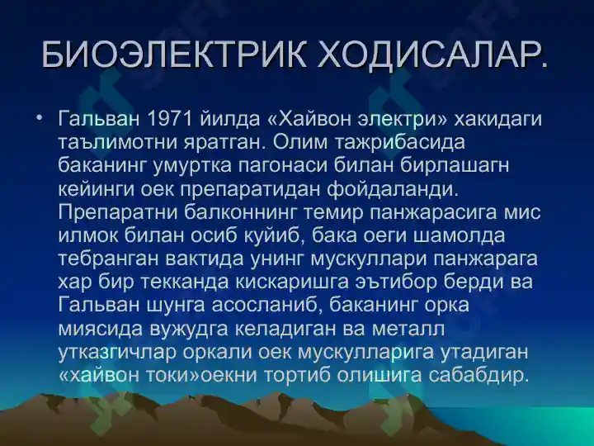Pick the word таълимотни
pos(118,142)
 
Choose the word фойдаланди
pos(392,189)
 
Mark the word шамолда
pos(460,236)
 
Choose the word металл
pos(408,330)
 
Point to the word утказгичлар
pos(117,353)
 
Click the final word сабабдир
pos(478,376)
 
